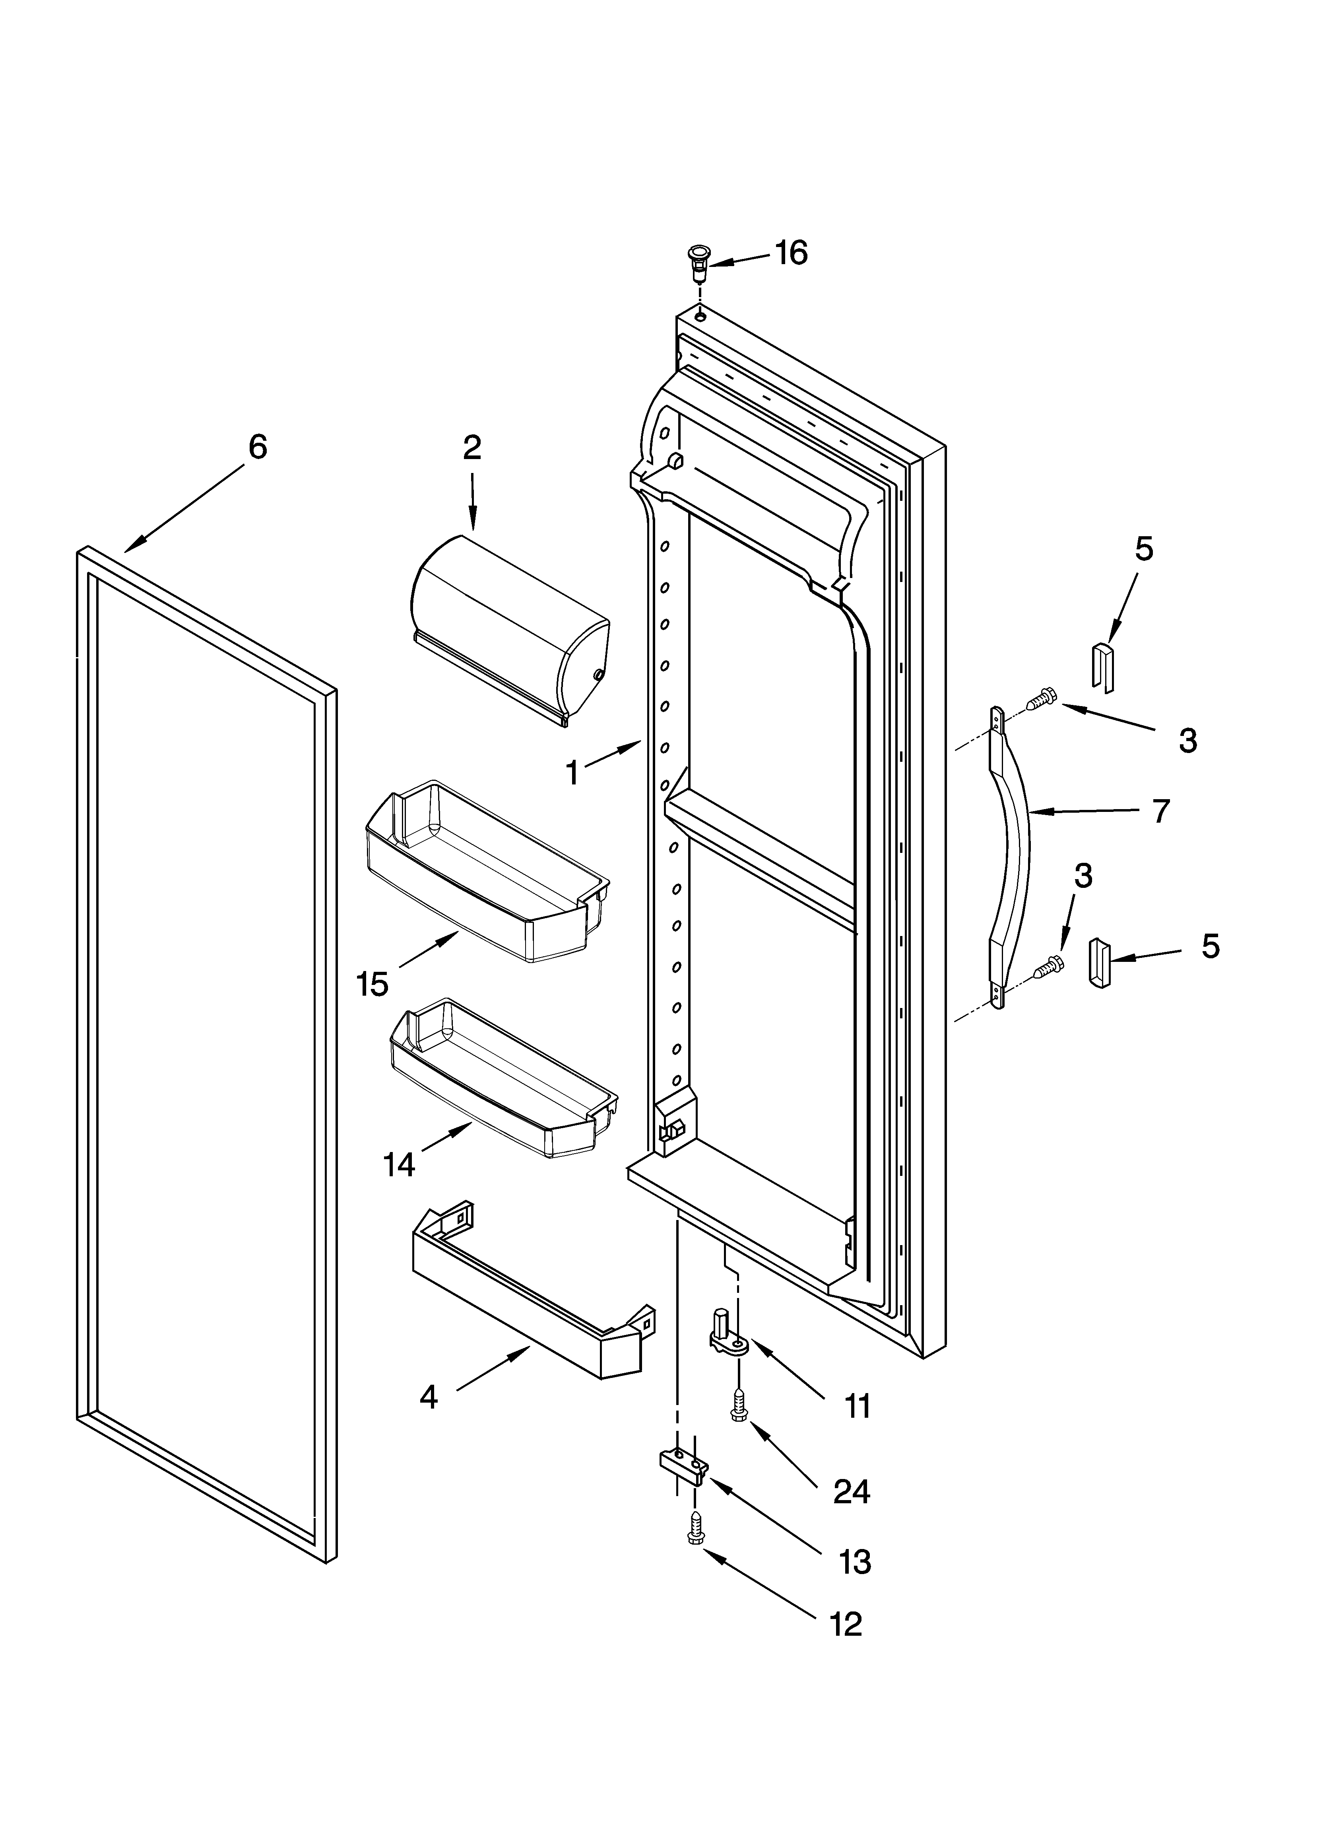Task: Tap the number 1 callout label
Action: (x=572, y=773)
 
